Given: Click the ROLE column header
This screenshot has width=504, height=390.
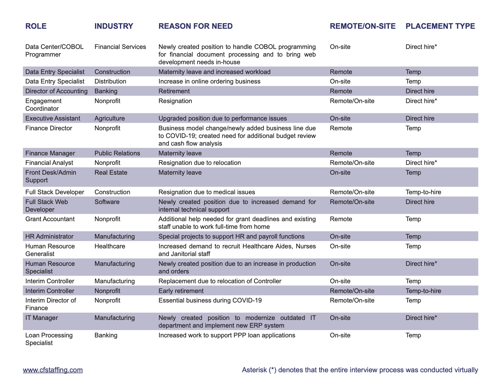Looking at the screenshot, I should coord(36,26).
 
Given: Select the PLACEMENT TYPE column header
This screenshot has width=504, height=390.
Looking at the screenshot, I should coord(440,26).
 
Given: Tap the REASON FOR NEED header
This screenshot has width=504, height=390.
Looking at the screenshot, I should coord(195,26).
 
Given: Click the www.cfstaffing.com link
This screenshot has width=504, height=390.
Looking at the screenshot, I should coord(53,370).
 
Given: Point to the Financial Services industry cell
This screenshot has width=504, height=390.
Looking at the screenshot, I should coord(120,47).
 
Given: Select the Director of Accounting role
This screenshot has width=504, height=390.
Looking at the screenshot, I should coord(57,91).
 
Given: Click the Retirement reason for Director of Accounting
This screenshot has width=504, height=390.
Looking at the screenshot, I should coord(174,91).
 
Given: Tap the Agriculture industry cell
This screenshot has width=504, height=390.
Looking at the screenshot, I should coord(110,118).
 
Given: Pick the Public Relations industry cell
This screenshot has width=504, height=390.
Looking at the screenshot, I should coord(117,153).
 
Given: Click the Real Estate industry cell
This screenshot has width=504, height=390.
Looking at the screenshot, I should coord(111,173).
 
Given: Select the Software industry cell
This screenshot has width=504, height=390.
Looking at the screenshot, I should coord(107,202).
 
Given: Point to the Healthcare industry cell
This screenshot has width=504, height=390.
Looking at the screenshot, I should coord(110,246).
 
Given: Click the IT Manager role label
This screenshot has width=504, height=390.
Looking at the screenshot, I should coord(42,318).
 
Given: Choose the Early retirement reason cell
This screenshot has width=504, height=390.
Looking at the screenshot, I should coord(181,291).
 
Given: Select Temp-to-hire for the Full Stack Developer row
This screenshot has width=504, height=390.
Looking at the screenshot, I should coord(423,192).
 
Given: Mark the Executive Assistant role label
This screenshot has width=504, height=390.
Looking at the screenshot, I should coord(53,118).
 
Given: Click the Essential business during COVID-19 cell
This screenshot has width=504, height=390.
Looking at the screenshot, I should coord(210,300).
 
